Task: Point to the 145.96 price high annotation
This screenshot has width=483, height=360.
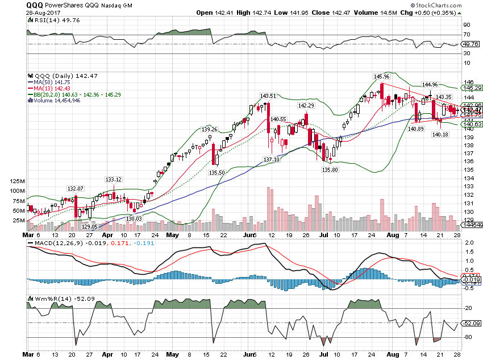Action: [381, 76]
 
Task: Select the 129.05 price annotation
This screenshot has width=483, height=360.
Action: [90, 226]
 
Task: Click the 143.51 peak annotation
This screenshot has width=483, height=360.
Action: [268, 96]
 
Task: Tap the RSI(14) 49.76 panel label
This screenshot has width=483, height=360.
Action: [49, 20]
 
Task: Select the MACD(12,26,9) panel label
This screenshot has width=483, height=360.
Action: [54, 244]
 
